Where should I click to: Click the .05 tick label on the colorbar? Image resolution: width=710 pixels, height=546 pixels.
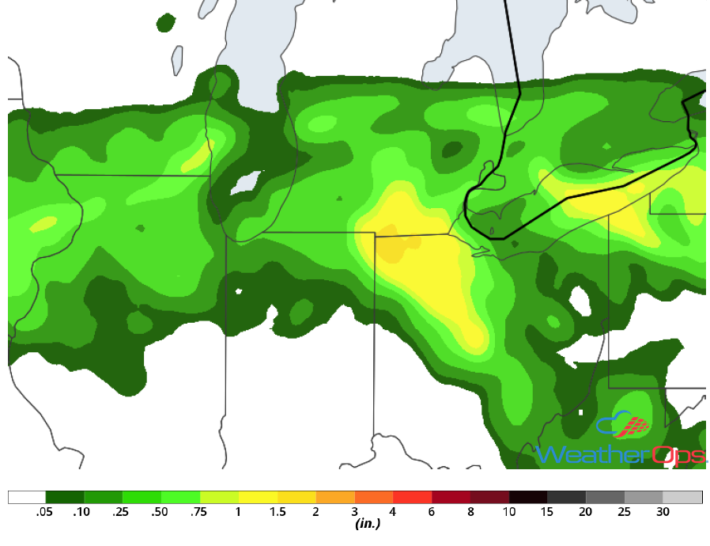pos(44,513)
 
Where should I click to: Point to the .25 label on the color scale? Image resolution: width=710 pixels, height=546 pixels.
pos(121,513)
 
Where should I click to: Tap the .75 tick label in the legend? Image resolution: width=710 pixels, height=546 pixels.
pos(198,513)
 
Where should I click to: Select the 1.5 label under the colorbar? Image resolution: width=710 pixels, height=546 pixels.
pos(277,513)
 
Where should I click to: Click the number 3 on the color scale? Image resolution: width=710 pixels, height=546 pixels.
pos(354,513)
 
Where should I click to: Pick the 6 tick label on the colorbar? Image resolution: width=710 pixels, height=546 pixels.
pos(431,513)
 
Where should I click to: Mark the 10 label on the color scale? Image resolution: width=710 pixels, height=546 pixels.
pos(508,513)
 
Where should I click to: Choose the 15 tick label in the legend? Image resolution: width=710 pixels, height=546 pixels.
pos(547,513)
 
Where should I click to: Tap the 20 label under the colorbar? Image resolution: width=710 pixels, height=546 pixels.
pos(586,513)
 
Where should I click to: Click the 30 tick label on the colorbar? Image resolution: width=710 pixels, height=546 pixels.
pos(663,513)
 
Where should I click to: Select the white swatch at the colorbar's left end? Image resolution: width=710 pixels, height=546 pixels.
pos(27,497)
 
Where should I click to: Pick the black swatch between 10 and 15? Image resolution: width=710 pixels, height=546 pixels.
pos(528,497)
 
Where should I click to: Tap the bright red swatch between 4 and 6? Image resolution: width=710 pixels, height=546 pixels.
pos(412,497)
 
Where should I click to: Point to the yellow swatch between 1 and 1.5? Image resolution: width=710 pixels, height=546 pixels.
pos(258,497)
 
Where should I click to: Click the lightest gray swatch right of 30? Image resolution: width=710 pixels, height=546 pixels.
pos(682,497)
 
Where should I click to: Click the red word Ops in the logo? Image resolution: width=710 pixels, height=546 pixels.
pos(678,455)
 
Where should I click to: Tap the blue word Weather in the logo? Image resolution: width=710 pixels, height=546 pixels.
pos(593,455)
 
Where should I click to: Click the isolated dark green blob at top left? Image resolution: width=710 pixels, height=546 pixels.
pos(166,22)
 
